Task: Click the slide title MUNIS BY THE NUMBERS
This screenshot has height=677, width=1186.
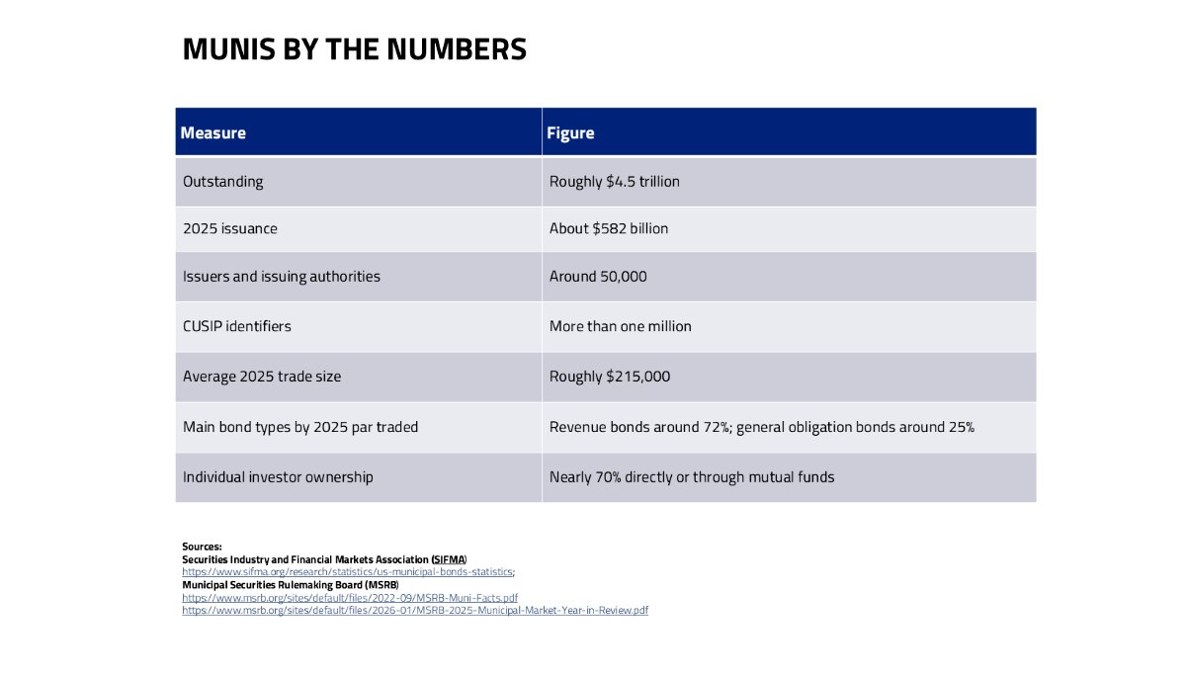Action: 354,49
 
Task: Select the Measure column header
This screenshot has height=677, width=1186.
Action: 212,132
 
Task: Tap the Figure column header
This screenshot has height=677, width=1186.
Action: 570,132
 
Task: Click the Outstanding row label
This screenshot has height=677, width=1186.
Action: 223,182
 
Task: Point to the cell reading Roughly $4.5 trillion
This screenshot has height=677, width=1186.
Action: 614,182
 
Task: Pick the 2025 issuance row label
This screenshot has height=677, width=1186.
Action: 229,228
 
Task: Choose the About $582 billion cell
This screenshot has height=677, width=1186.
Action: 609,228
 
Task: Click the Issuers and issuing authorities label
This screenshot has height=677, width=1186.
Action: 281,277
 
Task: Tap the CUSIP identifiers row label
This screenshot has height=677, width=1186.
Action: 236,326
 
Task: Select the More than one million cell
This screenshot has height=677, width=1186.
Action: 620,326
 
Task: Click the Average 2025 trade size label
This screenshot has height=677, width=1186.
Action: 262,377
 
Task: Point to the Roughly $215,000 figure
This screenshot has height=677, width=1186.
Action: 610,377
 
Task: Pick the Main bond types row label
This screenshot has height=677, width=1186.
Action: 300,427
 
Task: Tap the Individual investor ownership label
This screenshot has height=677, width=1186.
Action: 278,477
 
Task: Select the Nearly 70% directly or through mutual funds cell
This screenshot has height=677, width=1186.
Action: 692,477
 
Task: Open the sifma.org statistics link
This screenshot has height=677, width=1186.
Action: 347,571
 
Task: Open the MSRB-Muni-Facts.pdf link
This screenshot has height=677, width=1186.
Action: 350,598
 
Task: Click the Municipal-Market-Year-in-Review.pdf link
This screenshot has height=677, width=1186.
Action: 415,611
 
